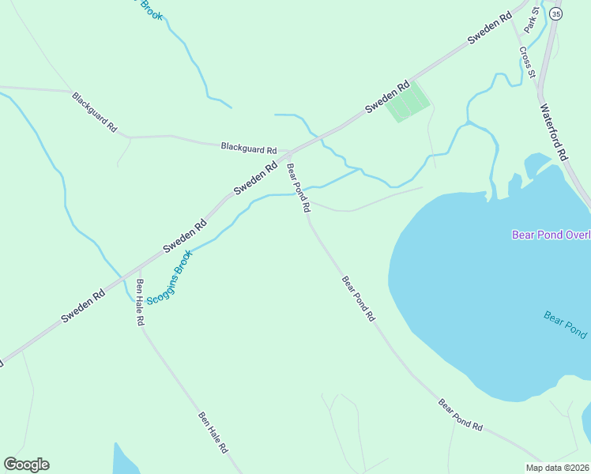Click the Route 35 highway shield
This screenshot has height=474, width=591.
click(x=557, y=14)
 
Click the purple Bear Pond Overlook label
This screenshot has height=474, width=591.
click(x=551, y=235)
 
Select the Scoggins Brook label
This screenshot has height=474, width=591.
click(x=169, y=278)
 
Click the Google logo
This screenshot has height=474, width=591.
click(x=26, y=465)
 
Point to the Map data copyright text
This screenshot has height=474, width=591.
click(x=557, y=468)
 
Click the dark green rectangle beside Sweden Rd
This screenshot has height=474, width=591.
click(x=408, y=103)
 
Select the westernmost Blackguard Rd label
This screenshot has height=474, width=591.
click(x=94, y=111)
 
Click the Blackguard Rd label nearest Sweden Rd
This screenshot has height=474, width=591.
click(x=249, y=148)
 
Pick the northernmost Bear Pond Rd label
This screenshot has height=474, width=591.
click(x=299, y=188)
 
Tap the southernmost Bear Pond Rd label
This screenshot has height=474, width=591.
click(x=461, y=415)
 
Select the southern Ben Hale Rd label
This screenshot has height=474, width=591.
click(x=213, y=432)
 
